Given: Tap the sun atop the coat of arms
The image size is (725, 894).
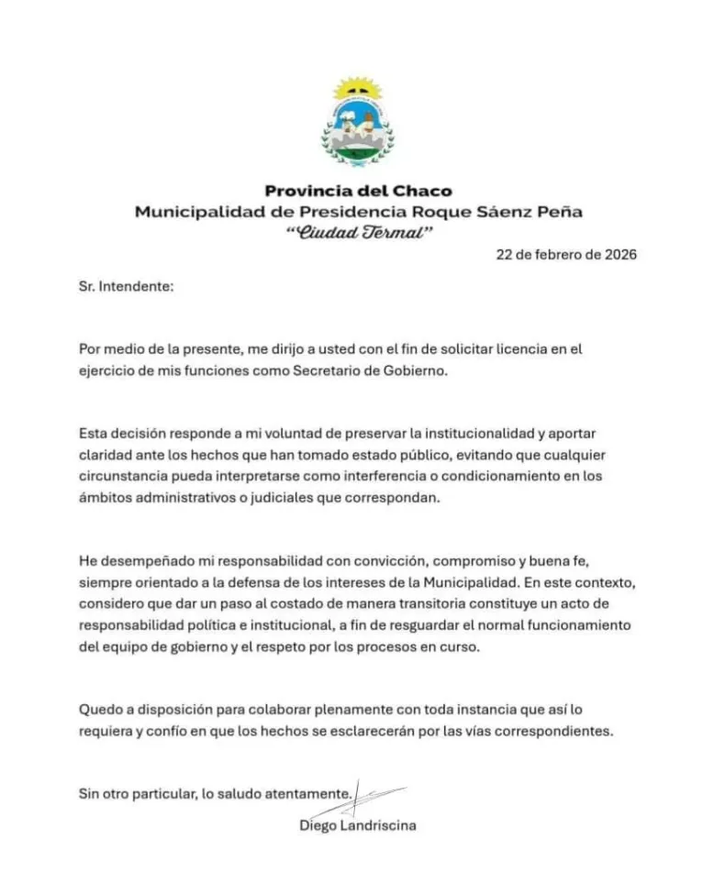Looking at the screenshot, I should [x=357, y=88].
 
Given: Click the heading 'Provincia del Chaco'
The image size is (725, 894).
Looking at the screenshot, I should [x=358, y=191].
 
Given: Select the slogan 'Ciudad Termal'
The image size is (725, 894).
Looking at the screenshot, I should [x=358, y=233].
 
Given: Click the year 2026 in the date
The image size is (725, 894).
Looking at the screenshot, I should [x=618, y=255].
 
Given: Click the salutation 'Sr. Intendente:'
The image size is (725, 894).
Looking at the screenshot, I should [x=126, y=286].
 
